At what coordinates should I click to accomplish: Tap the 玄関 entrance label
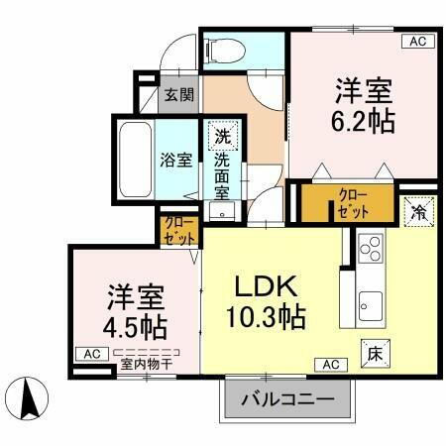click(x=178, y=95)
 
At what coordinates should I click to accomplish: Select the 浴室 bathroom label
click(x=176, y=160)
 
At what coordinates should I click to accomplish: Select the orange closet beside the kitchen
click(x=353, y=202)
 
